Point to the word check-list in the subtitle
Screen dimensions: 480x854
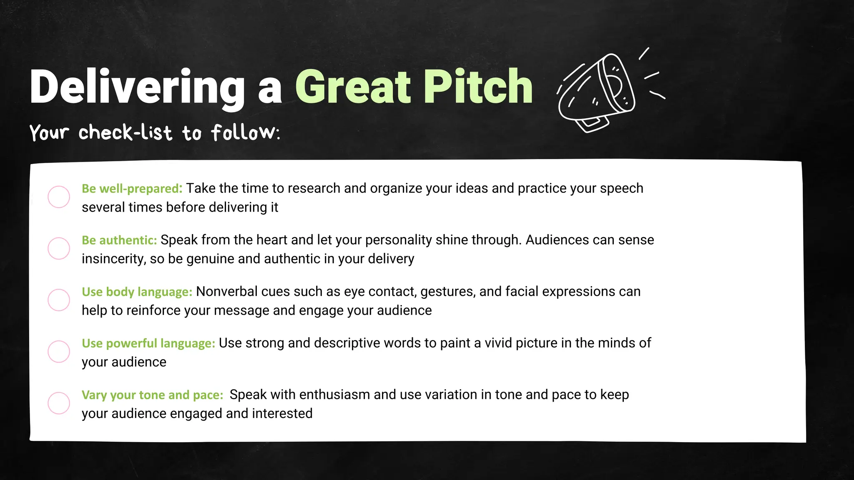click(125, 133)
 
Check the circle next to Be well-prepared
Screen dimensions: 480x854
click(59, 197)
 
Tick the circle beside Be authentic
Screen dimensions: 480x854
click(59, 248)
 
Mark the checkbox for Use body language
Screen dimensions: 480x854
click(59, 300)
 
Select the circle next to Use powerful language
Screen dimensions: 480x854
click(59, 352)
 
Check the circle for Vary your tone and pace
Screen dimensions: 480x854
click(59, 403)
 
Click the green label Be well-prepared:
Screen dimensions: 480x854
click(132, 189)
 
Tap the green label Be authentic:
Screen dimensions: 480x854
click(119, 240)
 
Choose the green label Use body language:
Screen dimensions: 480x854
click(137, 292)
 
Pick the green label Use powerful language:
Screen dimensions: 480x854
click(148, 343)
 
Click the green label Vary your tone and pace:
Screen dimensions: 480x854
click(152, 395)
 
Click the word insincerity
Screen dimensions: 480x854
click(113, 259)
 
